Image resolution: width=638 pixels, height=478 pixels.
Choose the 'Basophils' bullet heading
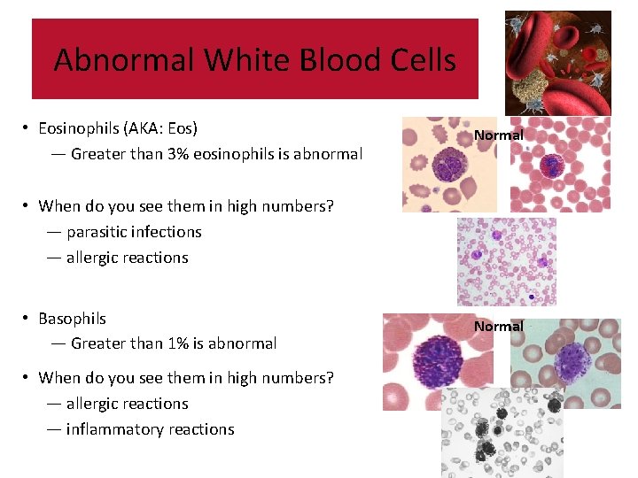[72, 319]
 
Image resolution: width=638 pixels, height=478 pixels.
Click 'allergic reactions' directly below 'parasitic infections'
[127, 258]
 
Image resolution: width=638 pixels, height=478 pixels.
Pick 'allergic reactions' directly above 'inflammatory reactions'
[127, 404]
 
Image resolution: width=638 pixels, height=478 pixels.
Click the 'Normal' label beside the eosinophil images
[498, 135]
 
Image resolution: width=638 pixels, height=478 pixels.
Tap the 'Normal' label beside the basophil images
[498, 327]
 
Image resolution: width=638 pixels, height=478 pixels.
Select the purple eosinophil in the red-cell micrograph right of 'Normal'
[554, 165]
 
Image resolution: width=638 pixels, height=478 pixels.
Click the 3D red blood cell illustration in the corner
[557, 62]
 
